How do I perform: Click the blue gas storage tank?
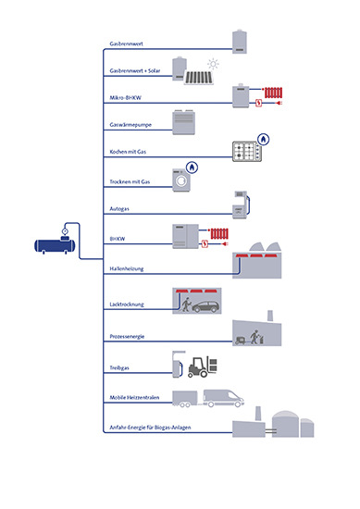pyautogui.click(x=55, y=246)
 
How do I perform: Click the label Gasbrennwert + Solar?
pyautogui.click(x=135, y=70)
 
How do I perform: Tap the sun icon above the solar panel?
pyautogui.click(x=213, y=64)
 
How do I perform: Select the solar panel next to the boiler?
pyautogui.click(x=199, y=79)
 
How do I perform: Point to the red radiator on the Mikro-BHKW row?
pyautogui.click(x=273, y=93)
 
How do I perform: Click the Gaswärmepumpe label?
pyautogui.click(x=130, y=125)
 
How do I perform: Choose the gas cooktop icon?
pyautogui.click(x=247, y=151)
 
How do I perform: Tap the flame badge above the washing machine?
pyautogui.click(x=192, y=168)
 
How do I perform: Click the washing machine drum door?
pyautogui.click(x=181, y=181)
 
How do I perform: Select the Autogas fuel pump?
pyautogui.click(x=242, y=205)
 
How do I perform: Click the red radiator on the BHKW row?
pyautogui.click(x=219, y=234)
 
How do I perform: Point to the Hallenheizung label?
pyautogui.click(x=126, y=268)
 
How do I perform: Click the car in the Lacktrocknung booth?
pyautogui.click(x=205, y=306)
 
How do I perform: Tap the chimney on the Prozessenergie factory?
pyautogui.click(x=269, y=316)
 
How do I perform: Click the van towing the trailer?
pyautogui.click(x=223, y=398)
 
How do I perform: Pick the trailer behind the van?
pyautogui.click(x=185, y=399)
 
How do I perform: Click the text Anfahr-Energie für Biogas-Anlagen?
pyautogui.click(x=150, y=428)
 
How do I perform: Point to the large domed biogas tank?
pyautogui.click(x=285, y=424)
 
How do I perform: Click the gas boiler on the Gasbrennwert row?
pyautogui.click(x=240, y=42)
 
